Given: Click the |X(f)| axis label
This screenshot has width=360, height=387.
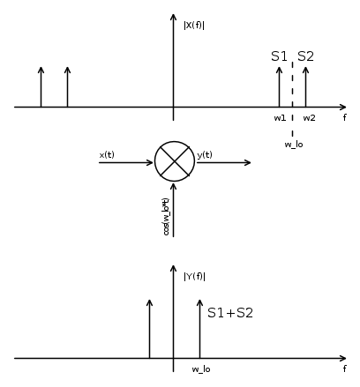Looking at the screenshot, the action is [x=194, y=26].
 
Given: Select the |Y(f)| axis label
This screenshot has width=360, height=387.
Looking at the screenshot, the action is [x=194, y=277].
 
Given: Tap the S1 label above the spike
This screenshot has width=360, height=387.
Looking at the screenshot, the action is [x=279, y=56].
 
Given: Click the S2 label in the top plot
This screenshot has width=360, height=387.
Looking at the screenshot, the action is [x=305, y=56].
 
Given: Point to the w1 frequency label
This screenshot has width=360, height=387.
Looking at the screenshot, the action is [x=280, y=118].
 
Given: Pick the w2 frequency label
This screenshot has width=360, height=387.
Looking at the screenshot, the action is [x=309, y=118].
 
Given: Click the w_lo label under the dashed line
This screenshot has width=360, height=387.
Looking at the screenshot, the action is [x=294, y=145].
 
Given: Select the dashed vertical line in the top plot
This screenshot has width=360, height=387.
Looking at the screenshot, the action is [x=292, y=99].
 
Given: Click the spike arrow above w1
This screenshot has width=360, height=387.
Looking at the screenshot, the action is [x=279, y=87].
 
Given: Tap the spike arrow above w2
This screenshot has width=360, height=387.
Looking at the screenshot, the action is [x=305, y=87].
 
